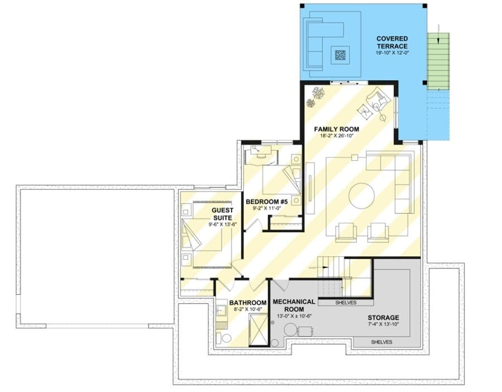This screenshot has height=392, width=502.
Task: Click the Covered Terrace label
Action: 392,42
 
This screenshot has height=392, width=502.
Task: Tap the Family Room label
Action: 336,129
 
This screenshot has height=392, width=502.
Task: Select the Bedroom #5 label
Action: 267,202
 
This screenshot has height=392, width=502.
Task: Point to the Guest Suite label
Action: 223,214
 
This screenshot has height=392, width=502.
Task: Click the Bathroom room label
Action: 248,303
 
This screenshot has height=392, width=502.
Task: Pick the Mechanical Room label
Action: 294,305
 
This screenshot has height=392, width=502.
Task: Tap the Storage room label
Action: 383,318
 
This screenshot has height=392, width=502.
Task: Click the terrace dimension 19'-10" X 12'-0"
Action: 393,53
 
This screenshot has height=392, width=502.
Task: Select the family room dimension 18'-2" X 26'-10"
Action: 336,136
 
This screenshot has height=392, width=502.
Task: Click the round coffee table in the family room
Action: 361,195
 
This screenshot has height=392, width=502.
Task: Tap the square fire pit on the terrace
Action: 340,55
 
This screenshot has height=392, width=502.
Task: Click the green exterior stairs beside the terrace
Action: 438,61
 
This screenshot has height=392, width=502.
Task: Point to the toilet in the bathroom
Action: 225,338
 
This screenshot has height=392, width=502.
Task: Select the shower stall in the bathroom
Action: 258,330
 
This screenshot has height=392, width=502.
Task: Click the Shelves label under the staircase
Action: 346,303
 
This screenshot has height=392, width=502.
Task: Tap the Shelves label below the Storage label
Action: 382,342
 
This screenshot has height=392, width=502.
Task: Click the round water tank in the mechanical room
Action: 291,330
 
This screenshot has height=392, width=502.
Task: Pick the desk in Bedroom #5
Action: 261,151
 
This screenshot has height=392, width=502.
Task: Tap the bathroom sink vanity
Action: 220,310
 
